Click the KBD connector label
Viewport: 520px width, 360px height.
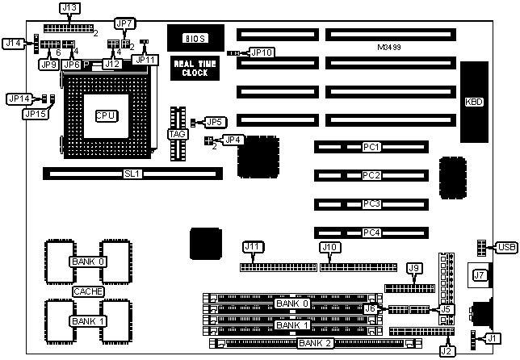[x=474, y=103]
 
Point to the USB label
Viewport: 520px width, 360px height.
[x=507, y=247]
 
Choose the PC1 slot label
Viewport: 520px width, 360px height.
[x=371, y=148]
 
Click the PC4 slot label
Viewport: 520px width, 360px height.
[x=371, y=232]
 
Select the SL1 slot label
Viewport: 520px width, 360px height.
[x=132, y=173]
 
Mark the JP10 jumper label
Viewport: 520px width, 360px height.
[x=262, y=52]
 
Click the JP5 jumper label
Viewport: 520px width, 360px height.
[x=213, y=122]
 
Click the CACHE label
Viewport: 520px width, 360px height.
[x=87, y=291]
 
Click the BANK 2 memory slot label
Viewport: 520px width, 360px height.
[x=316, y=343]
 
